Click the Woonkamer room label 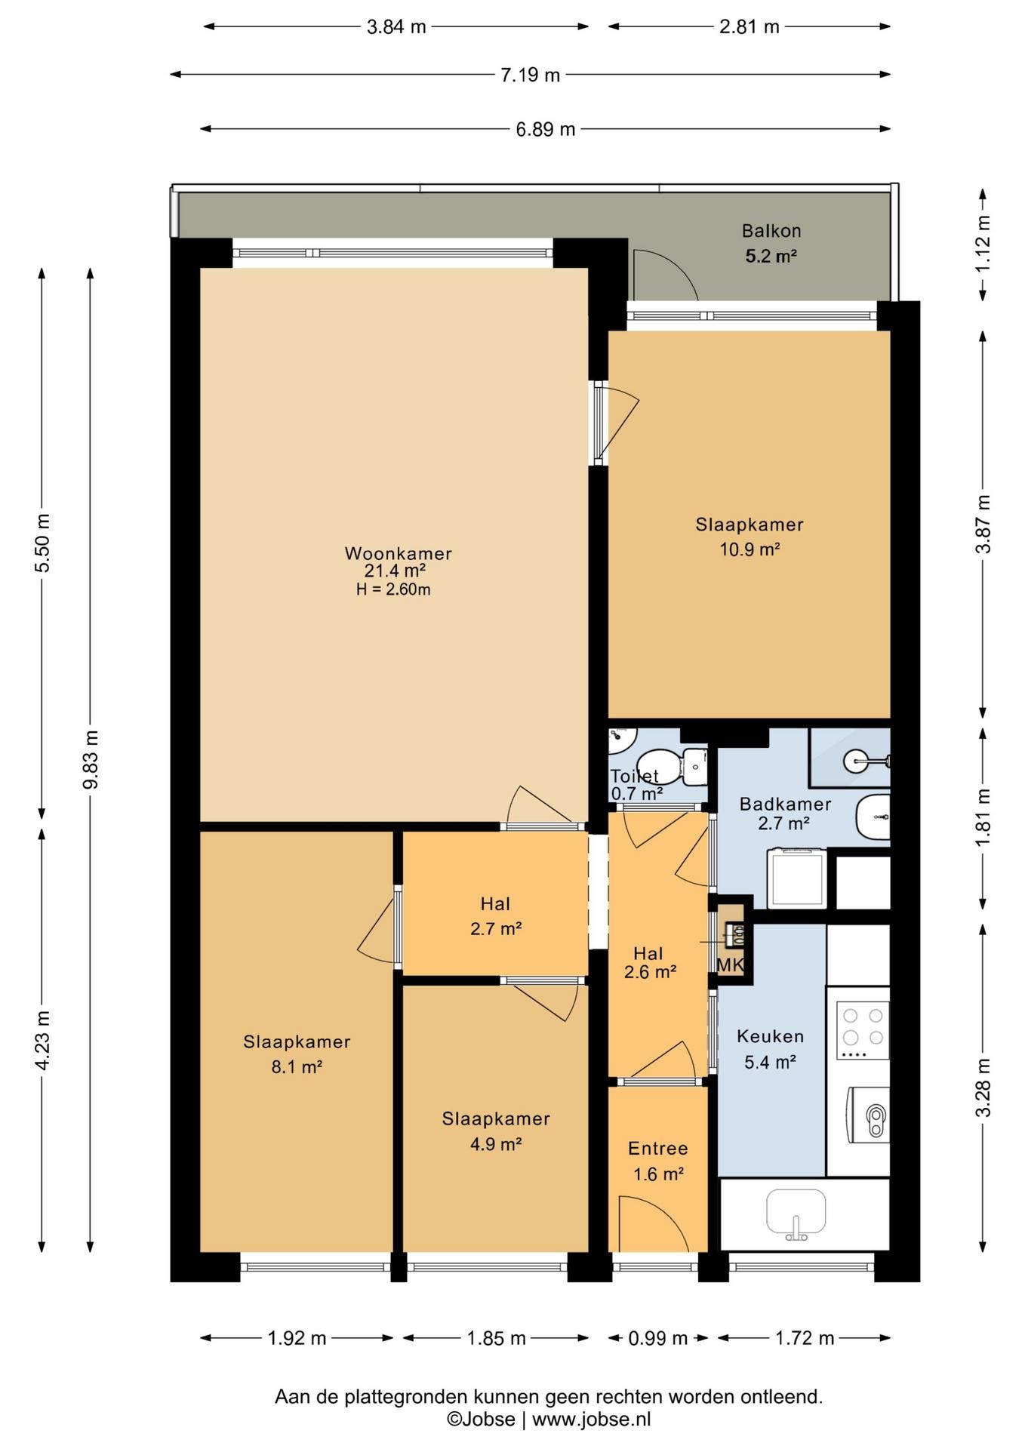pyautogui.click(x=398, y=553)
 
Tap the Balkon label pyautogui.click(x=771, y=231)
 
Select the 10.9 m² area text pyautogui.click(x=749, y=549)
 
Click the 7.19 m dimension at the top pyautogui.click(x=530, y=75)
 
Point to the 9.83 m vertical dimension pyautogui.click(x=91, y=759)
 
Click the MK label pyautogui.click(x=730, y=964)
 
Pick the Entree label pyautogui.click(x=657, y=1149)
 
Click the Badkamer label pyautogui.click(x=785, y=804)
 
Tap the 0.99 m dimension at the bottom pyautogui.click(x=658, y=1338)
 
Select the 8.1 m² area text pyautogui.click(x=297, y=1067)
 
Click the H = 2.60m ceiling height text pyautogui.click(x=393, y=589)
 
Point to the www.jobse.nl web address pyautogui.click(x=591, y=1419)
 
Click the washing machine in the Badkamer pyautogui.click(x=797, y=878)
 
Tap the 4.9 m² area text pyautogui.click(x=496, y=1144)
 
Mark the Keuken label pyautogui.click(x=770, y=1036)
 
